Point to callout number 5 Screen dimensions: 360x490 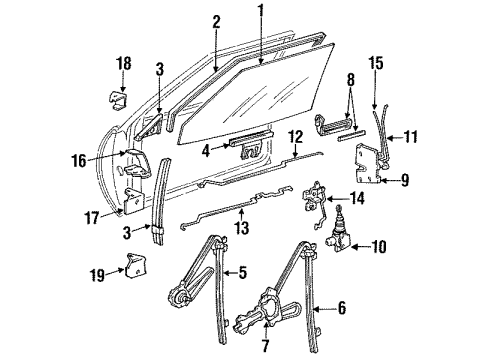coord(243,272)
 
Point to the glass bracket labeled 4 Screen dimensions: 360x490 coord(248,148)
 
